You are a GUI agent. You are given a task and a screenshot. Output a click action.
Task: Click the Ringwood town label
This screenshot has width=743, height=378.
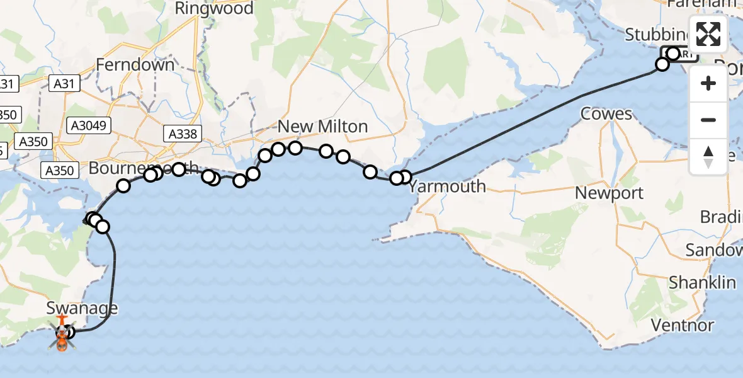pyautogui.click(x=214, y=8)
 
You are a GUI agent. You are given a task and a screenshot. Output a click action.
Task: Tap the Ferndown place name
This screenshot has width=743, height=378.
pyautogui.click(x=135, y=64)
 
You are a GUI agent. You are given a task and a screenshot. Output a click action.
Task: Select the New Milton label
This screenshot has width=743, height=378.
pyautogui.click(x=322, y=127)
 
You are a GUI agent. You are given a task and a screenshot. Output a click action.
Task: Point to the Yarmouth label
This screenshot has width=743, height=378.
pyautogui.click(x=447, y=186)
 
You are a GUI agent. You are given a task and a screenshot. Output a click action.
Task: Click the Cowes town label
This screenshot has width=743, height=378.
pyautogui.click(x=606, y=114)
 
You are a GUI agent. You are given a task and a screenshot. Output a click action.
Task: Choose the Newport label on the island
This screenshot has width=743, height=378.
pyautogui.click(x=610, y=193)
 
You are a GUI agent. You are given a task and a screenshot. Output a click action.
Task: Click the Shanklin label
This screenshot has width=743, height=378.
pyautogui.click(x=702, y=282)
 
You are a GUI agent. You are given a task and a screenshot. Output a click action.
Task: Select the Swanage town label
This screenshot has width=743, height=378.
pyautogui.click(x=82, y=308)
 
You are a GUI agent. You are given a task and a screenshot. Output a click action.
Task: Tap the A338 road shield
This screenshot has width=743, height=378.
pyautogui.click(x=183, y=134)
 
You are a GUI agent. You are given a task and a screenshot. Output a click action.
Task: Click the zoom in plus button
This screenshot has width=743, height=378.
pyautogui.click(x=709, y=83)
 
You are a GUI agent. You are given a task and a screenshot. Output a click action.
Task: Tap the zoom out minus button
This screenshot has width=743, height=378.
pyautogui.click(x=709, y=120)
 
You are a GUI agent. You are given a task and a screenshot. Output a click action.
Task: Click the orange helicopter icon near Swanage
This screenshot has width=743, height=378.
pyautogui.click(x=62, y=341)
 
